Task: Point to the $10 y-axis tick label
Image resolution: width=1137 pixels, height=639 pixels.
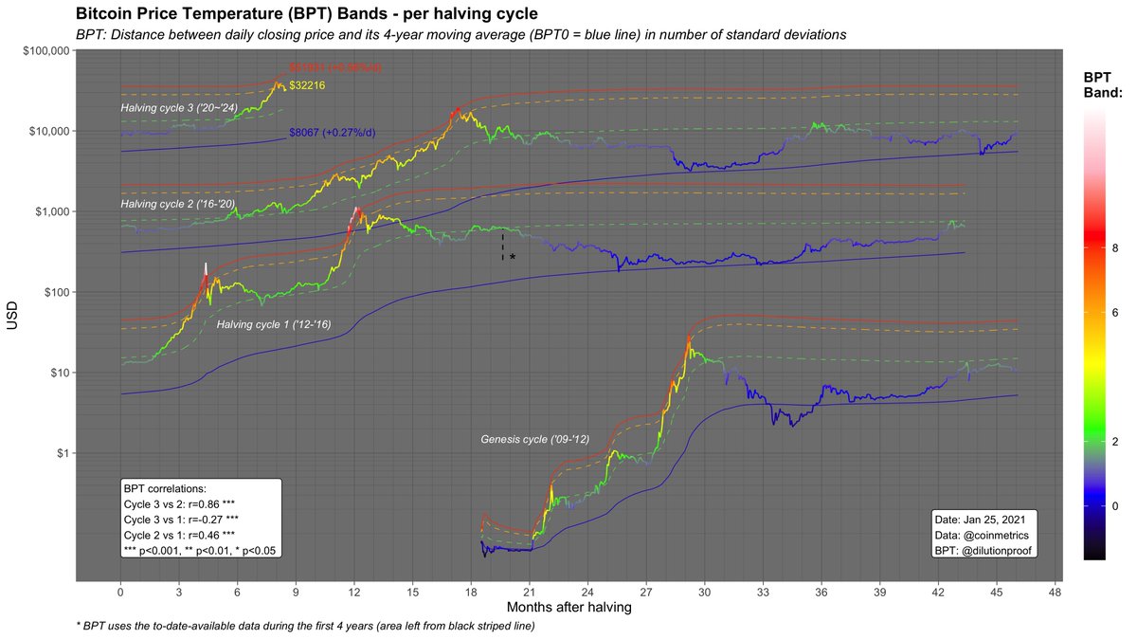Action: pyautogui.click(x=55, y=373)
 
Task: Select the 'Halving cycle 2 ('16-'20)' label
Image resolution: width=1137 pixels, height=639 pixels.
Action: pyautogui.click(x=177, y=204)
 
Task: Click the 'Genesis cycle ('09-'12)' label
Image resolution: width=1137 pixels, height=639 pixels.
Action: pyautogui.click(x=535, y=440)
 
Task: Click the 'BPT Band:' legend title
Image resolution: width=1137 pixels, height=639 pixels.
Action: pyautogui.click(x=1103, y=84)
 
